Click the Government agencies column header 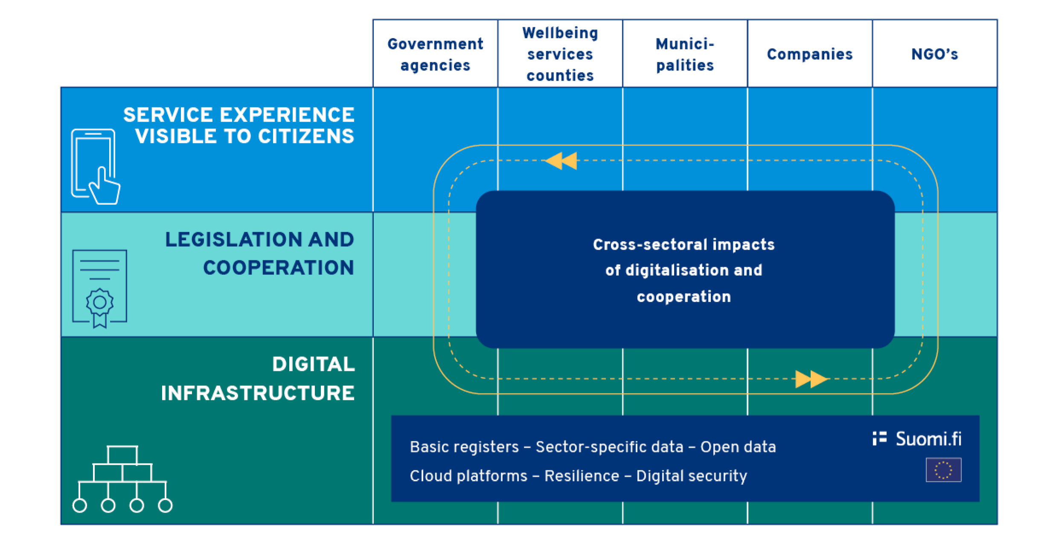coord(435,54)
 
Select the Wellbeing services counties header coord(560,54)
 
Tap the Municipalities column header coord(685,54)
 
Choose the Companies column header coord(810,54)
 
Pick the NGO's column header coord(934,54)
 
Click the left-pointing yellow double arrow coord(561,161)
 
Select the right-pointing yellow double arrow coord(811,379)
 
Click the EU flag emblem coord(943,470)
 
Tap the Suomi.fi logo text coord(928,439)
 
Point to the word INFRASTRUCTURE coord(258,393)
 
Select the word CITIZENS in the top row coord(306,137)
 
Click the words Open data coord(738,447)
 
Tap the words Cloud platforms coord(468,476)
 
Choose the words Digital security coord(692,476)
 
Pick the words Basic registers coord(464,447)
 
